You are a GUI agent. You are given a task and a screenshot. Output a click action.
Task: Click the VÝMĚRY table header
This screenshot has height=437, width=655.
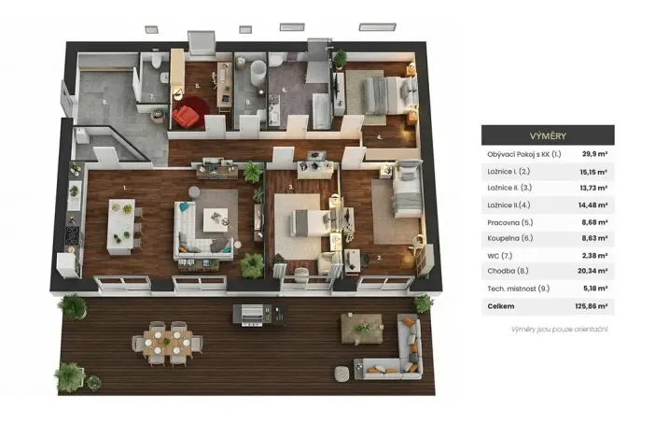point(548,134)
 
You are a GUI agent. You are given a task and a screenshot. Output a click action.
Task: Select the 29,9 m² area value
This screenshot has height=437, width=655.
point(595,155)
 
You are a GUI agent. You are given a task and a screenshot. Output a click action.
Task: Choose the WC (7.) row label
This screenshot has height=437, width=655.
point(499,256)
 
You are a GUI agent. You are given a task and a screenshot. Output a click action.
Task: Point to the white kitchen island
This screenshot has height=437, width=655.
point(120,226)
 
